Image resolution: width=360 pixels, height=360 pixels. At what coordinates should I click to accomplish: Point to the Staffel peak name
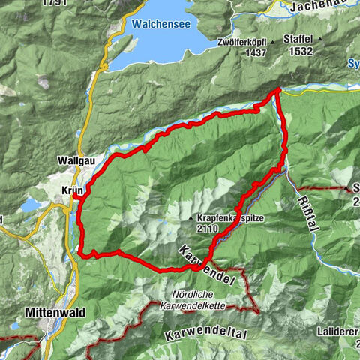298,38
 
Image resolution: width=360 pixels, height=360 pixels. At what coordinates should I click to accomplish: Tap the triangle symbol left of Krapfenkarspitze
192,218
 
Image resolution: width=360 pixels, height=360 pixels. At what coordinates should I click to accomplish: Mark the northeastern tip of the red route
277,90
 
